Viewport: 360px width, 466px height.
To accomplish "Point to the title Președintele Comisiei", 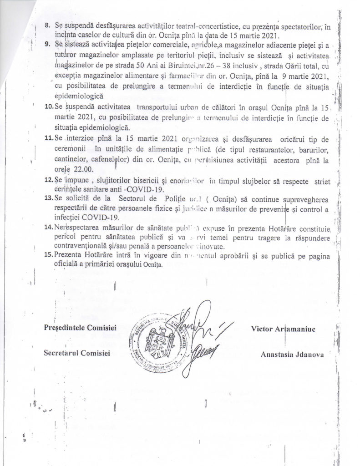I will point(81,328).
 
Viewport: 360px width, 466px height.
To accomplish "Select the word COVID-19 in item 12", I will point(138,189).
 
